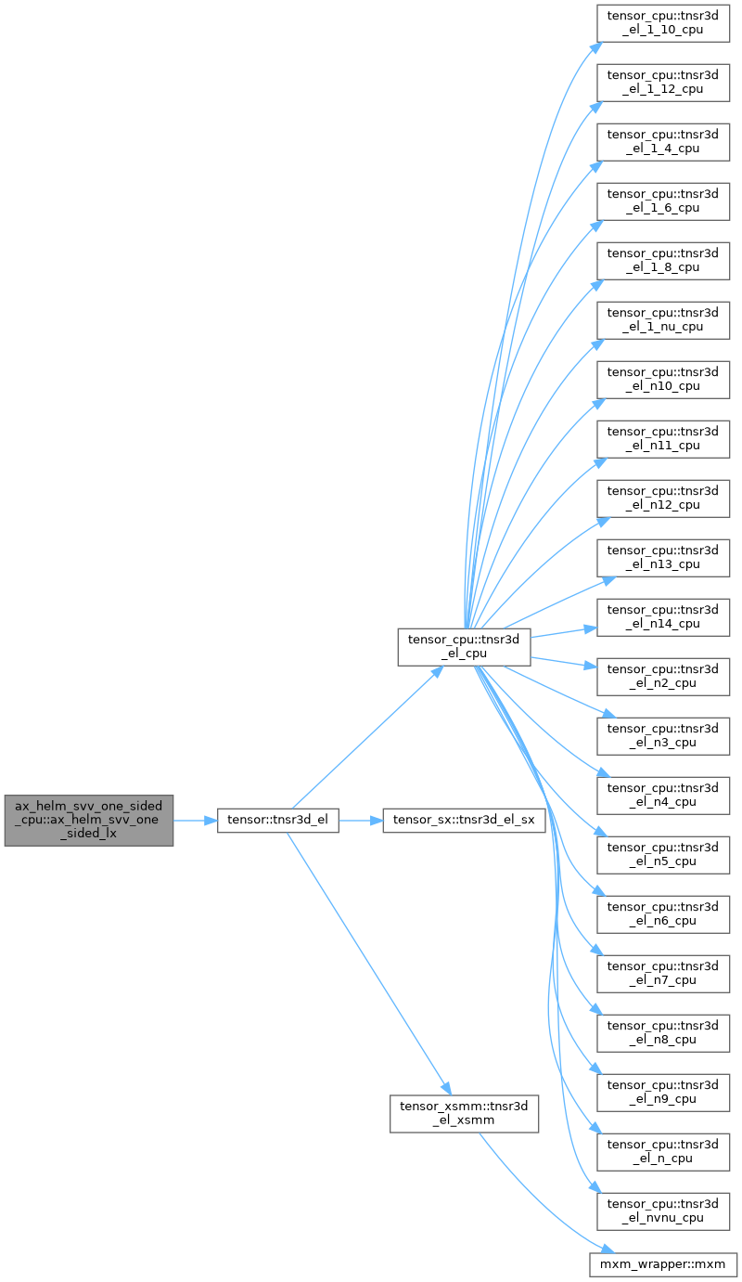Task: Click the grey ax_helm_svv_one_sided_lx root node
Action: click(x=89, y=820)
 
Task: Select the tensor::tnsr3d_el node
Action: click(x=278, y=820)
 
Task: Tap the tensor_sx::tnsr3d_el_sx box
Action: click(x=464, y=820)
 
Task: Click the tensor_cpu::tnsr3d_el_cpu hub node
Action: click(x=464, y=647)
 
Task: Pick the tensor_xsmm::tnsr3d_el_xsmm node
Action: click(x=464, y=1113)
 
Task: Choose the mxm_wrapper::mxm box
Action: click(x=663, y=1263)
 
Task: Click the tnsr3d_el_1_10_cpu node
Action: click(x=663, y=23)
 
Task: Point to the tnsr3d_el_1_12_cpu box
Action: click(x=663, y=83)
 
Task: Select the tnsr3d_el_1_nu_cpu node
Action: click(x=663, y=320)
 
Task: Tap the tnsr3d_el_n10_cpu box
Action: click(x=663, y=380)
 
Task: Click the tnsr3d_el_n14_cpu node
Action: click(x=663, y=617)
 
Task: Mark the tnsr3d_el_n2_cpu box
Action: click(x=663, y=677)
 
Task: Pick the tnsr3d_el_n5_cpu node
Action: click(x=663, y=854)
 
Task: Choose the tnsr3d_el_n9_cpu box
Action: click(x=663, y=1092)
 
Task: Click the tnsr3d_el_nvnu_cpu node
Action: click(x=663, y=1211)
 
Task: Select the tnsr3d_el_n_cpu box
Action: click(x=663, y=1151)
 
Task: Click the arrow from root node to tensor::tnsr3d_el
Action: click(x=195, y=820)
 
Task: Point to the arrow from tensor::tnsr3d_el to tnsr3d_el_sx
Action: click(x=361, y=820)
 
